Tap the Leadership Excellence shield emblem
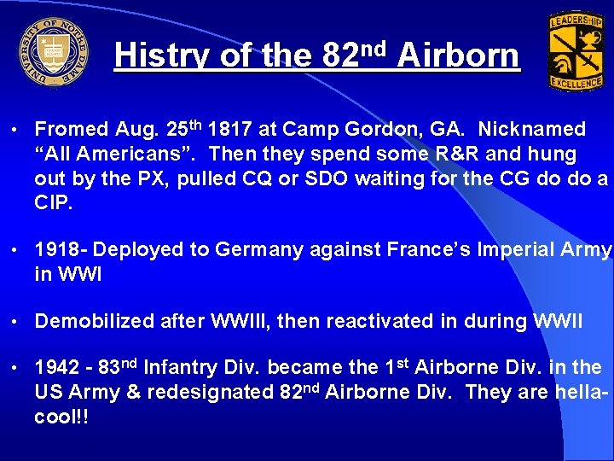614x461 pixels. [576, 51]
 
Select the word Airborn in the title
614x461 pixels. [458, 56]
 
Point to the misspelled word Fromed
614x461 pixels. [72, 130]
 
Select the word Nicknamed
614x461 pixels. [532, 130]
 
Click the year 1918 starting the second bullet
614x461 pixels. [58, 250]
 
